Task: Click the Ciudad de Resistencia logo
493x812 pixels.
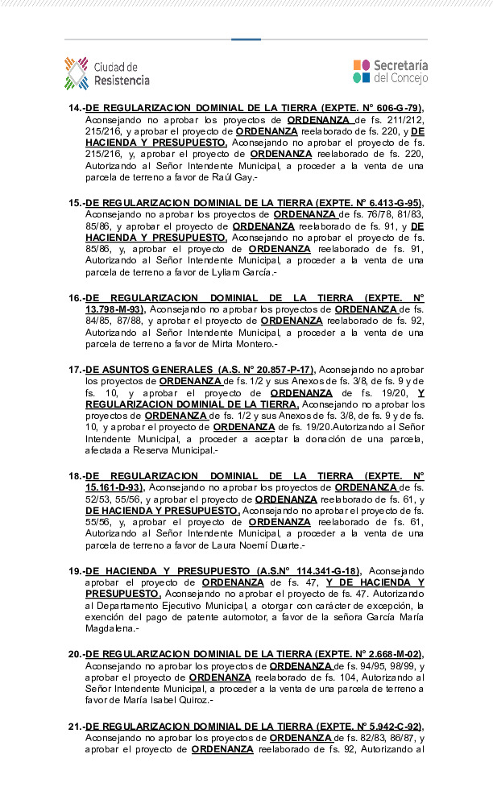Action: point(106,73)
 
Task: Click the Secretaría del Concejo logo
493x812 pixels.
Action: point(390,72)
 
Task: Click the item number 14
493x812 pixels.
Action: point(76,107)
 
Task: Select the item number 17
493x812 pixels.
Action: point(76,370)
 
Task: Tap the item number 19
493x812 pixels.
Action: point(76,571)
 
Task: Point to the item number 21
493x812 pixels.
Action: point(76,727)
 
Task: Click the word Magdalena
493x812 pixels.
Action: point(111,628)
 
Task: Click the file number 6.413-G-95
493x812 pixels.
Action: point(390,202)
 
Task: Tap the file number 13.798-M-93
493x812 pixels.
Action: point(114,309)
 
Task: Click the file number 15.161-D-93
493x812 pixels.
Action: point(114,487)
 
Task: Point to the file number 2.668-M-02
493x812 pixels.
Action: point(388,654)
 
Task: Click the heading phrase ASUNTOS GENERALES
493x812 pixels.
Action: point(137,370)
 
